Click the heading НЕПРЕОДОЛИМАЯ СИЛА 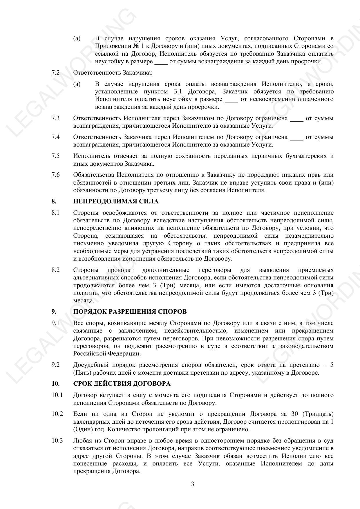116,201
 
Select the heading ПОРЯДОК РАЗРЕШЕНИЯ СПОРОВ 130,312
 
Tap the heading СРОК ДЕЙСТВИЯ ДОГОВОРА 122,384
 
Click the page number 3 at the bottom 193,484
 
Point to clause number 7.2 56,73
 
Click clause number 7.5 56,156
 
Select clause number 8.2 56,270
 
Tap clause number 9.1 56,323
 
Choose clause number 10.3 57,441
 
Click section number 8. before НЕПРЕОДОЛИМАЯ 54,201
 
